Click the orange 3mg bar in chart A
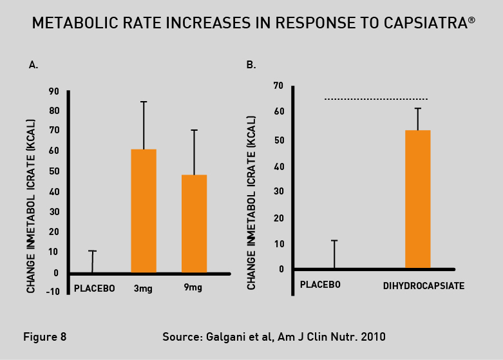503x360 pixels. (x=144, y=211)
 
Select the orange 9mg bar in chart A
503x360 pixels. (x=194, y=223)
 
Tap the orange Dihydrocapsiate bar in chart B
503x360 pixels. (x=417, y=199)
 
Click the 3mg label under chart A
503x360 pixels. (x=143, y=288)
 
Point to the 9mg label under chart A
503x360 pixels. (x=193, y=288)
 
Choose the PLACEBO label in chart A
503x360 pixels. (x=95, y=288)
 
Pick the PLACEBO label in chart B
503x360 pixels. (x=321, y=284)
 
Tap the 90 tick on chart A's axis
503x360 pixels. (x=54, y=91)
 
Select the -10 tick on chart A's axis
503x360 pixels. (x=53, y=291)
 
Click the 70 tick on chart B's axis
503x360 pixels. (x=278, y=85)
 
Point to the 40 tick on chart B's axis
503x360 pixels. (x=278, y=167)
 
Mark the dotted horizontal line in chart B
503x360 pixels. (x=376, y=99)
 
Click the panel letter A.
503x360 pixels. (x=33, y=64)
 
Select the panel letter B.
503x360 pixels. (x=251, y=64)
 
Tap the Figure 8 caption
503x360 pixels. (x=44, y=336)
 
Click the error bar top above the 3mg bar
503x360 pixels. (x=144, y=102)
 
